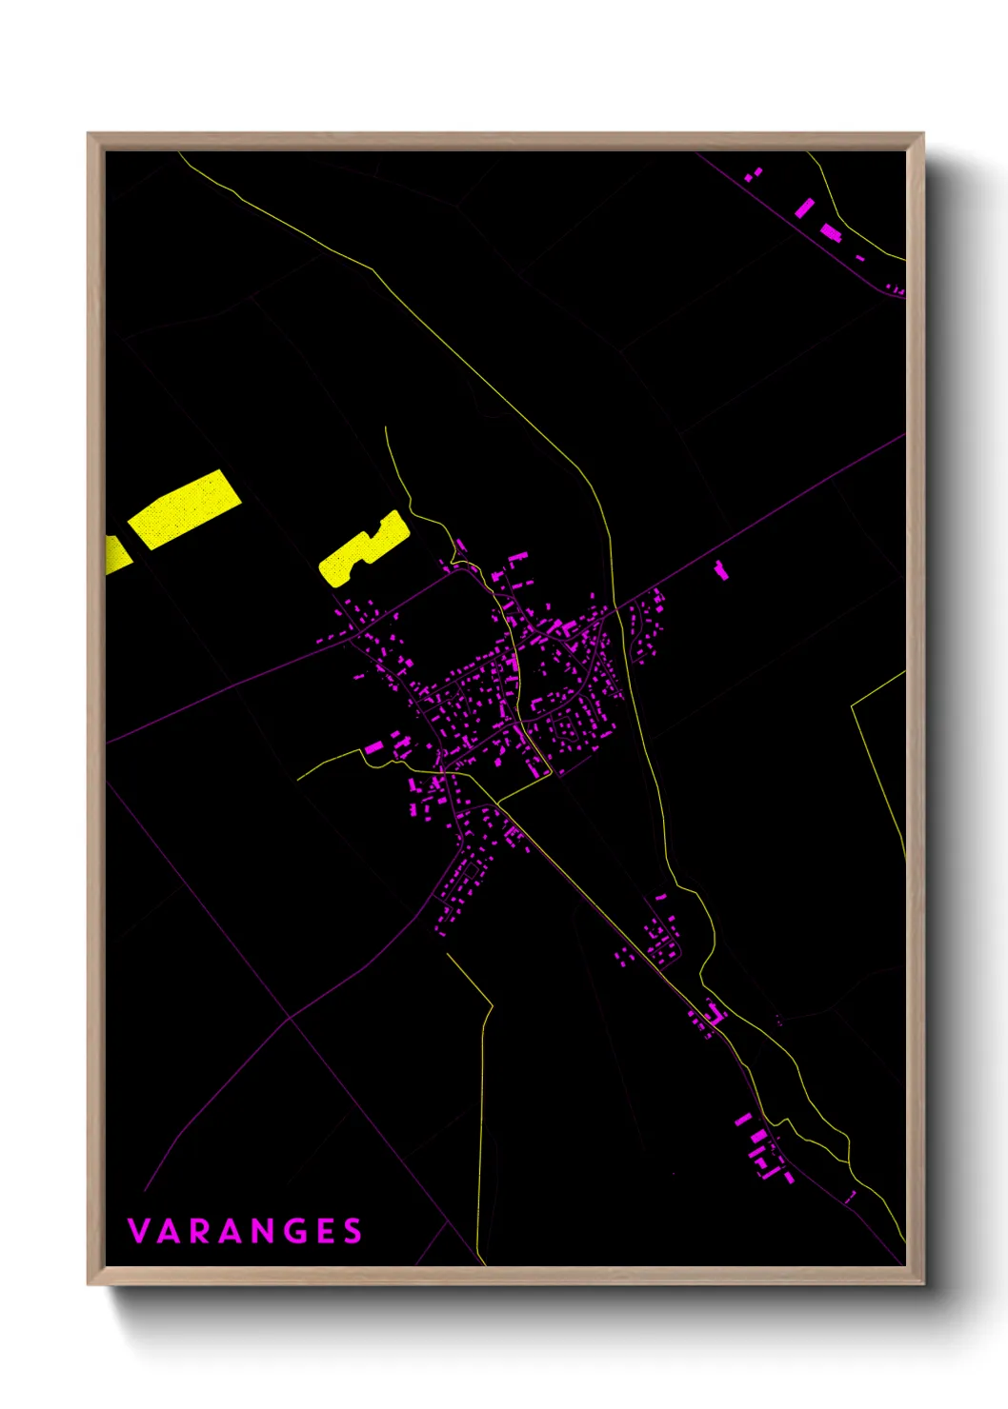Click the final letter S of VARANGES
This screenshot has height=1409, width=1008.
(353, 1231)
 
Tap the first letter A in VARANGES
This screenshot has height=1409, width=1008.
(170, 1231)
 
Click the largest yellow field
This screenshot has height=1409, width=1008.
(183, 508)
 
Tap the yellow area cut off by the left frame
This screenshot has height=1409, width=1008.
(116, 555)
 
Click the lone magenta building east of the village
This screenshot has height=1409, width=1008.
(721, 570)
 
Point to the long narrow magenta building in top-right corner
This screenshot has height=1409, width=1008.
(805, 208)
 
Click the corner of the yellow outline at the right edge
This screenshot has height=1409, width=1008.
(851, 705)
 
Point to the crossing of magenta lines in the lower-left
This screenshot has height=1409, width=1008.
(290, 1020)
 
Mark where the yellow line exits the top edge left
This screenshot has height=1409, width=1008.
(180, 153)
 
